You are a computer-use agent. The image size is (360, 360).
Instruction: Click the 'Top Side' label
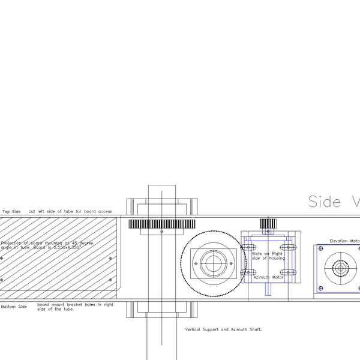pos(11,212)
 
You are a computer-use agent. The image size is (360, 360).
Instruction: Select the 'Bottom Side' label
pos(14,307)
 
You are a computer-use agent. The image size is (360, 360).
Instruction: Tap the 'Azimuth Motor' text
pos(268,277)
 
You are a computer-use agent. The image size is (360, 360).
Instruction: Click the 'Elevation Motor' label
pos(344,241)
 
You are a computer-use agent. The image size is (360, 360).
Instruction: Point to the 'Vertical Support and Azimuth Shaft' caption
pos(224,329)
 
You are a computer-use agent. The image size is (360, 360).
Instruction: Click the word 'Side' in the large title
pos(325,202)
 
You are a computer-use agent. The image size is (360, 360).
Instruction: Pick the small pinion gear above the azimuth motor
pos(268,223)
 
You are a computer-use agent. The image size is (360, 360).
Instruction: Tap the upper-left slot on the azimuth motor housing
pos(249,247)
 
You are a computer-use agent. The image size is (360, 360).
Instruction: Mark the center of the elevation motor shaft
pos(341,268)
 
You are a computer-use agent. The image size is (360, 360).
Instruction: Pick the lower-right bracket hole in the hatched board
pos(110,280)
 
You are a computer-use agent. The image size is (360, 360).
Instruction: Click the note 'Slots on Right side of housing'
pos(268,256)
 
